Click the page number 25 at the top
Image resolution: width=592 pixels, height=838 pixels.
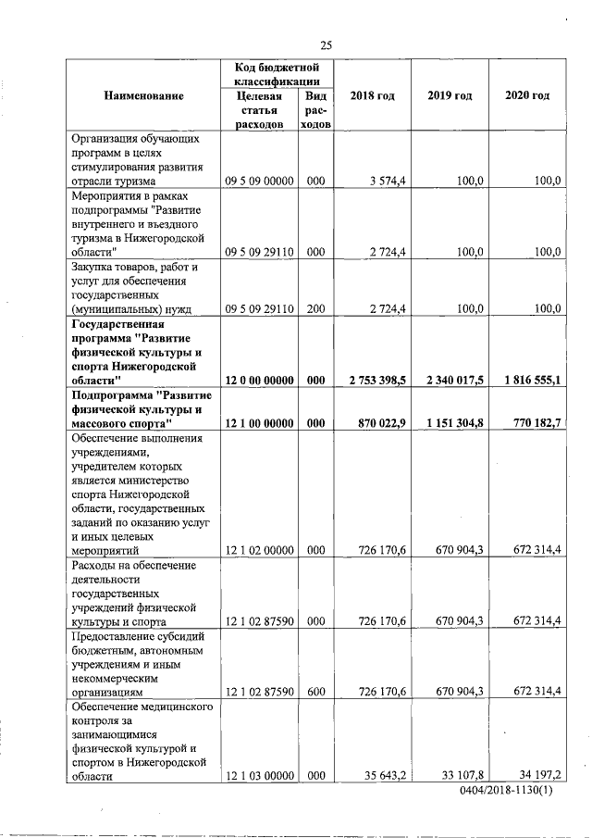(326, 44)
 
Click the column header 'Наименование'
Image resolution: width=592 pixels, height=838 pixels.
(143, 96)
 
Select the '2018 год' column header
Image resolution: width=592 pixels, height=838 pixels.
(373, 96)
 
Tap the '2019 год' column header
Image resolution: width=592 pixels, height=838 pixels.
(450, 96)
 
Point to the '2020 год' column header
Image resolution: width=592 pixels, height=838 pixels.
(527, 96)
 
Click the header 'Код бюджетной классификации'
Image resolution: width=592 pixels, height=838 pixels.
(277, 75)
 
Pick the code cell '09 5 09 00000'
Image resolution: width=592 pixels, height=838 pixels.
(260, 181)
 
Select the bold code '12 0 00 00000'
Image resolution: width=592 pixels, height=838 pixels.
(260, 381)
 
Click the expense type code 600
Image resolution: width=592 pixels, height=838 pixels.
(315, 692)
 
